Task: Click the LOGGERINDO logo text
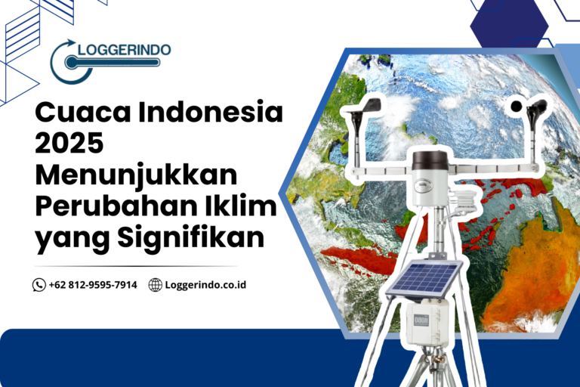(120, 51)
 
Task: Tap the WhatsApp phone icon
(39, 285)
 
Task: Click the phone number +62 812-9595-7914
(93, 285)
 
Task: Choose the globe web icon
(155, 285)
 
